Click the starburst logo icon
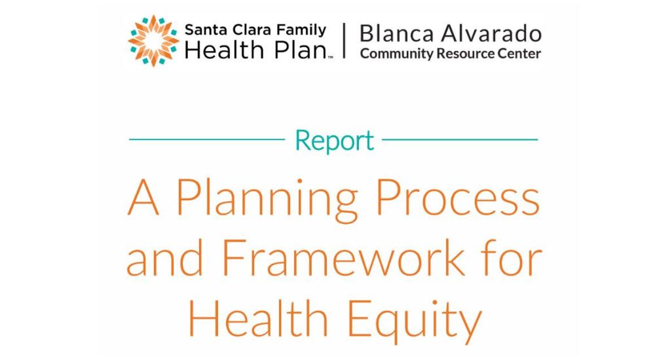coord(153,41)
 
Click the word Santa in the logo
coord(201,30)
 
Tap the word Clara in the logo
coord(247,30)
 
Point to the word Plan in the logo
coord(300,50)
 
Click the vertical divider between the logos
coord(344,41)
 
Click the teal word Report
coord(334,141)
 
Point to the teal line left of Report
coord(207,139)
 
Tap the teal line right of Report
coord(460,139)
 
